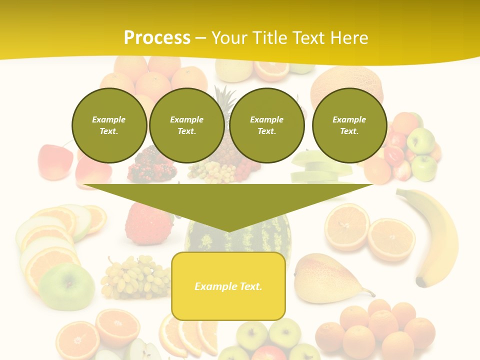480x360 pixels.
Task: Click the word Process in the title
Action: pos(157,38)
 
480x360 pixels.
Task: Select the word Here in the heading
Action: pos(349,38)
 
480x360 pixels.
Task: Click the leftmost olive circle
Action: pos(109,125)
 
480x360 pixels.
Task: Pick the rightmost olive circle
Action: pos(349,125)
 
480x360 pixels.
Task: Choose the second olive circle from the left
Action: pos(186,125)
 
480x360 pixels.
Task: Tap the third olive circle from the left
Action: pos(266,125)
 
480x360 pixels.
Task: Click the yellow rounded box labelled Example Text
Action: pos(228,286)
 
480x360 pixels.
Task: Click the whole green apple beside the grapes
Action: pos(67,286)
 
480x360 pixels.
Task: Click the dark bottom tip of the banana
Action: pos(421,283)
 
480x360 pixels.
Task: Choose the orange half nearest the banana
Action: pos(391,239)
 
